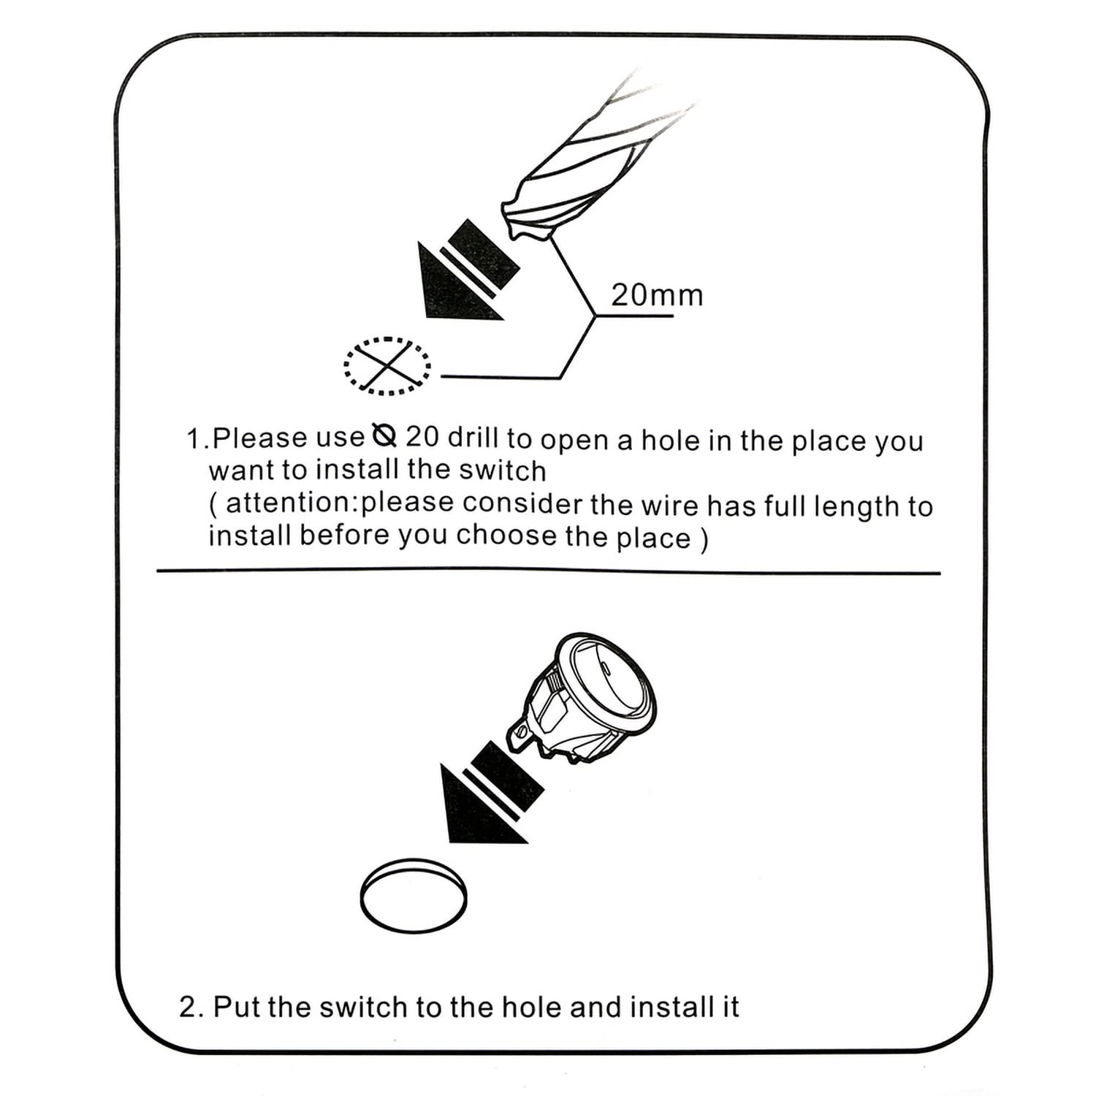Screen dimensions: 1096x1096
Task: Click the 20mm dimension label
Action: pos(657,295)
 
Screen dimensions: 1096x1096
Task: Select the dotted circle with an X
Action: pos(387,366)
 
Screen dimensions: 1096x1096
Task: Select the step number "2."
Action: pos(191,1007)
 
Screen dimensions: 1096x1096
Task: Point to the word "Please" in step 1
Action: pos(260,437)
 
